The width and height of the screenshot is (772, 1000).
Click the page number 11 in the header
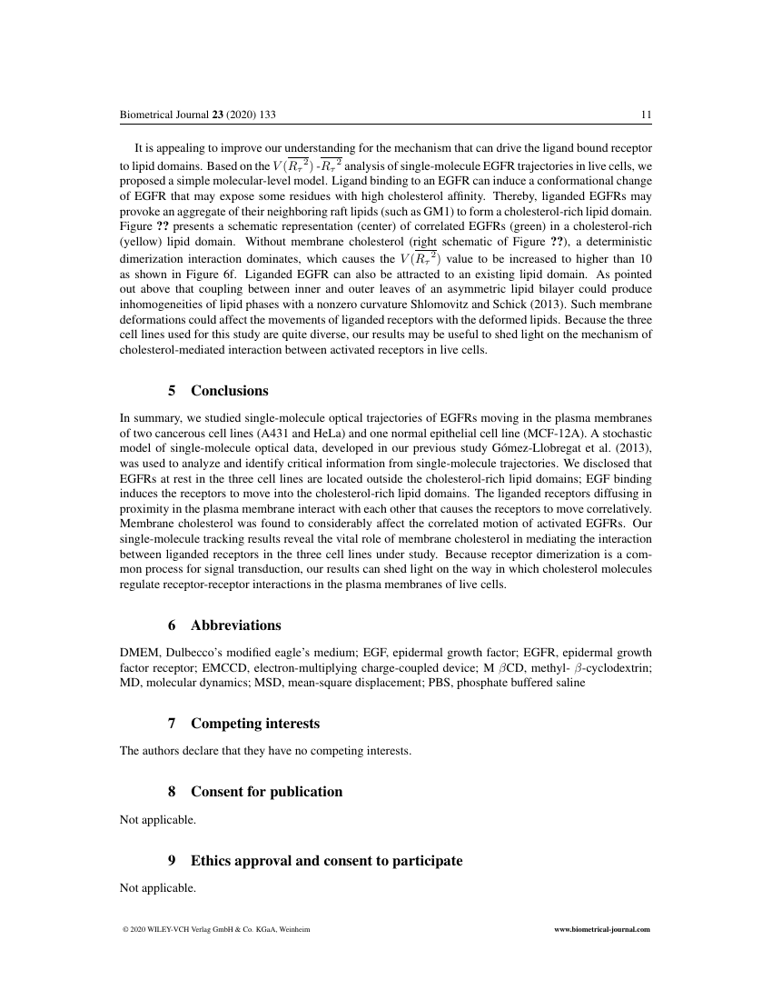[x=646, y=115]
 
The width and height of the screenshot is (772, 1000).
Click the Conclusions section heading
[x=229, y=391]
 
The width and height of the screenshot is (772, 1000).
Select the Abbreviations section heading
[x=235, y=625]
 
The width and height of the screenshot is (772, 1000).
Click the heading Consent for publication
[x=266, y=792]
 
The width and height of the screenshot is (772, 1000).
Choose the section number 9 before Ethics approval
[x=173, y=860]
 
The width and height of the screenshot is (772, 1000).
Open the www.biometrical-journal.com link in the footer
[x=602, y=931]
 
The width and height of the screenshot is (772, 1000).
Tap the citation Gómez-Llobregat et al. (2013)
[x=574, y=449]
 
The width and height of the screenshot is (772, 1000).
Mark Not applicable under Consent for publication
[x=158, y=819]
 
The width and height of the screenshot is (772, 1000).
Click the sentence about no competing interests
[x=265, y=752]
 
